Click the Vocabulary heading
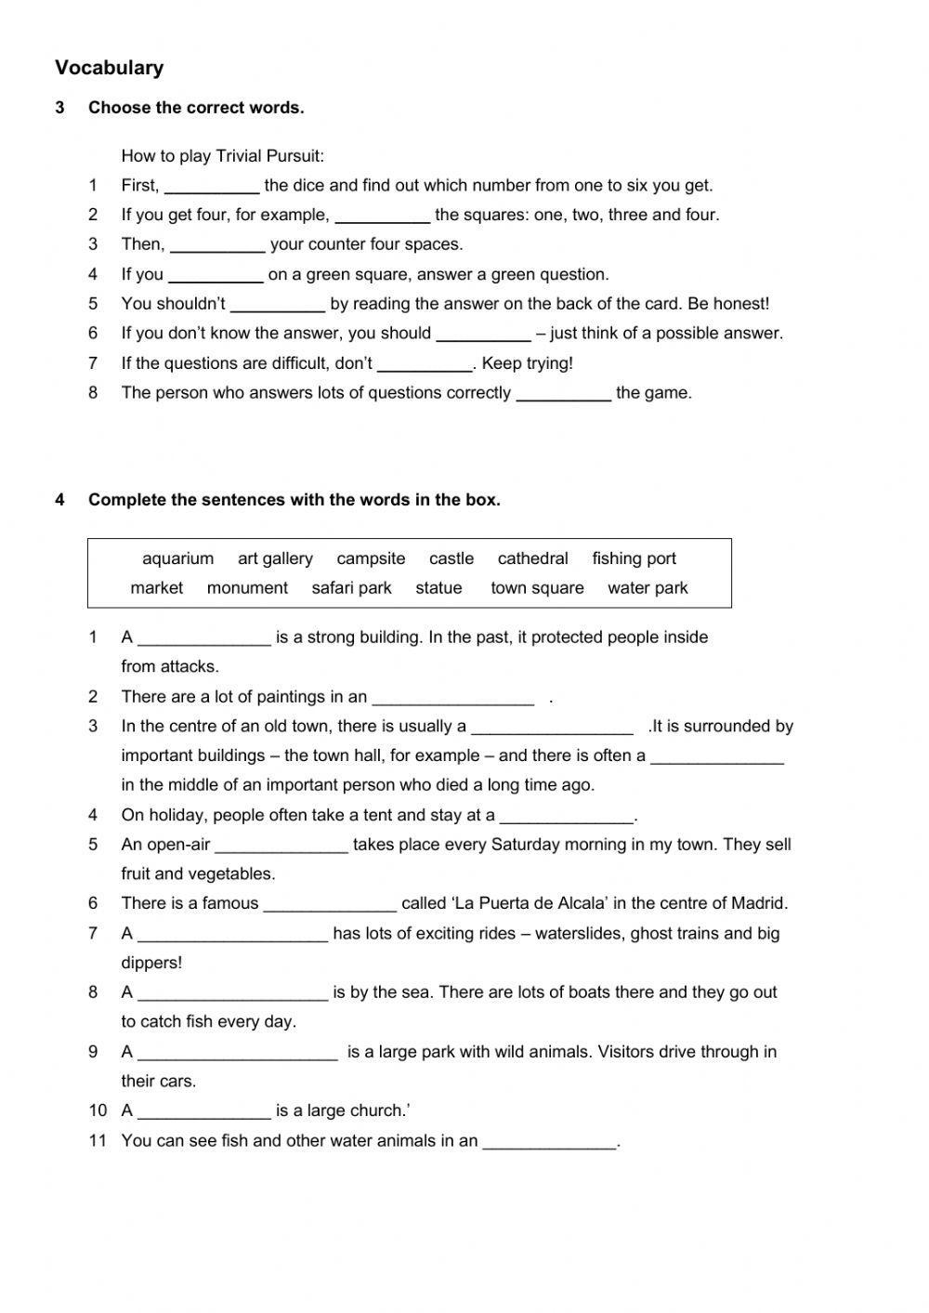tap(109, 68)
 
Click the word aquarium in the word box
tap(177, 558)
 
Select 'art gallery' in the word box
tap(275, 558)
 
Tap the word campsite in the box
tap(371, 558)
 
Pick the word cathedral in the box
tap(532, 558)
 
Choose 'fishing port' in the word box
tap(634, 558)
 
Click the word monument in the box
tap(247, 588)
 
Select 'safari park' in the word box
tap(351, 588)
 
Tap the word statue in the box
tap(438, 588)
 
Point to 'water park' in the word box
tap(648, 588)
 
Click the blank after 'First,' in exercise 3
tap(212, 187)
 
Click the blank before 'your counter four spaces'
tap(217, 246)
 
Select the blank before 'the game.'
tap(563, 394)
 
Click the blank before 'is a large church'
tap(203, 1112)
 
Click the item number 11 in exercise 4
tap(98, 1140)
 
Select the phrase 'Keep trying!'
tap(527, 363)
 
